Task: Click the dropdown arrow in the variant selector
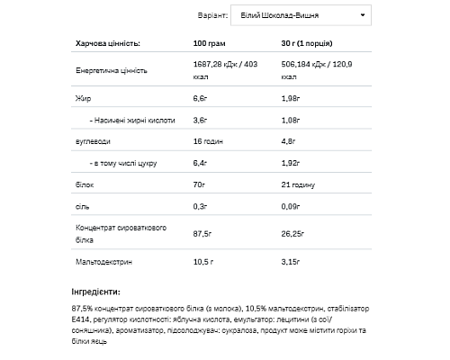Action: tap(363, 15)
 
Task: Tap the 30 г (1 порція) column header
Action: tap(316, 42)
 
